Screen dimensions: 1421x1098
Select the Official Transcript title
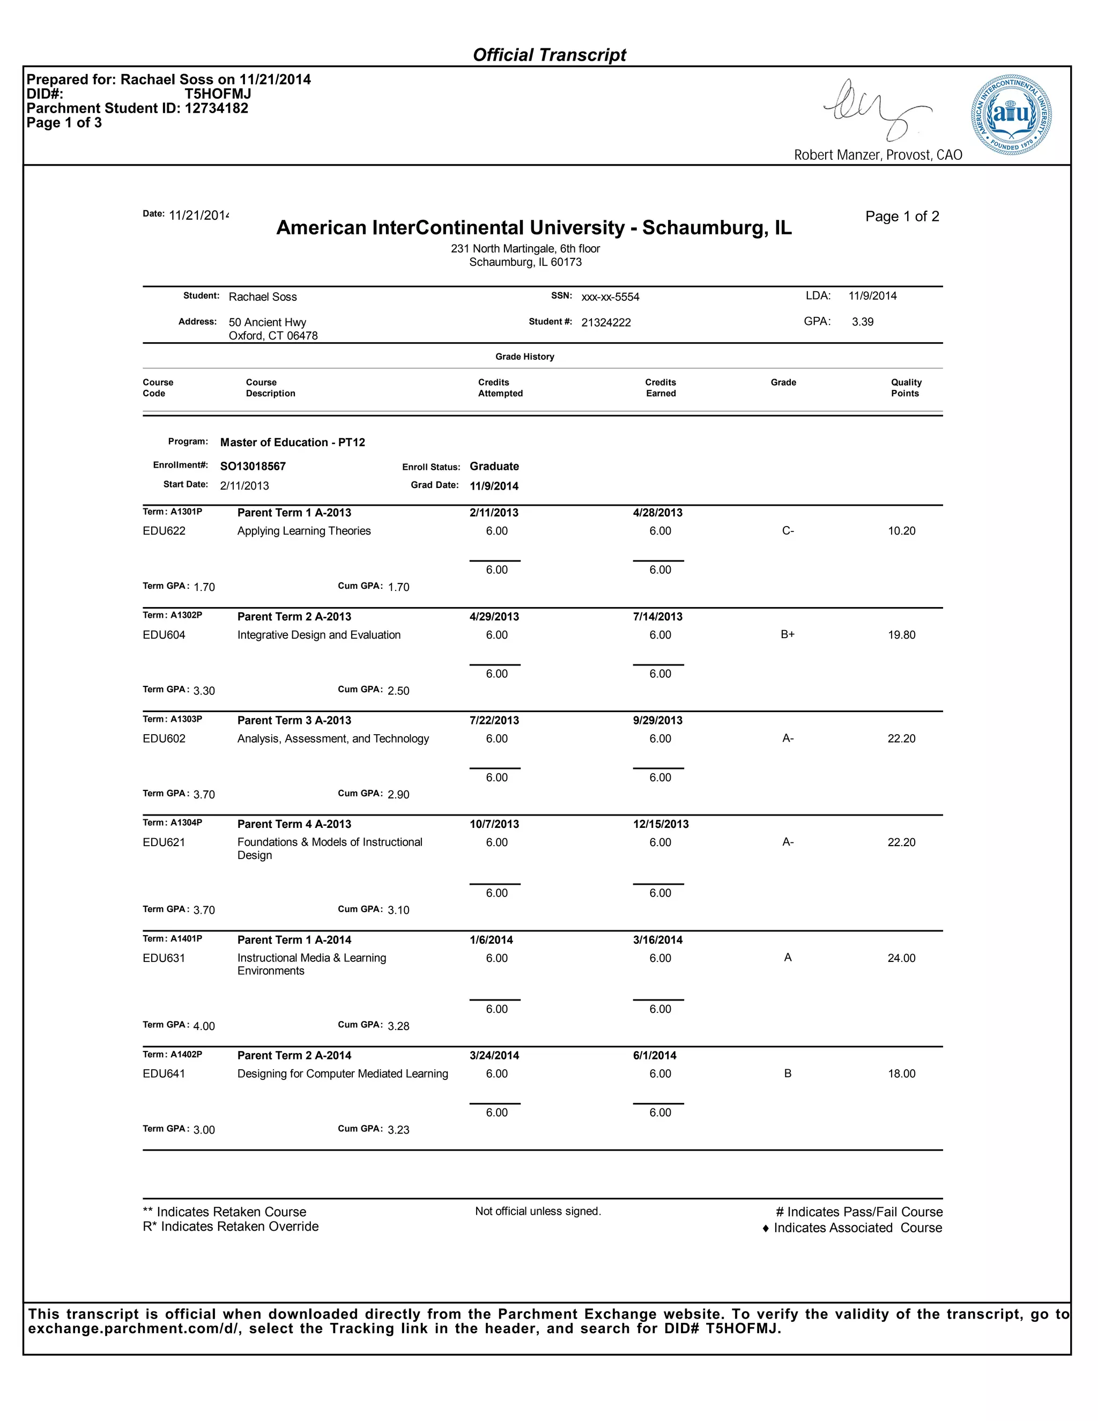click(x=549, y=55)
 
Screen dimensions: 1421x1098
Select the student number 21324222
click(x=606, y=323)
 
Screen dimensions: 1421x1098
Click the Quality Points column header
click(x=906, y=388)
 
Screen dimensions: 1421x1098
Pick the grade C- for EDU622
click(x=787, y=531)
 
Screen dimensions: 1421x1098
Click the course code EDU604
click(x=164, y=635)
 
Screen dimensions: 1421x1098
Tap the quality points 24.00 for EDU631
click(x=901, y=958)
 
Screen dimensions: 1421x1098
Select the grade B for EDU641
click(x=787, y=1074)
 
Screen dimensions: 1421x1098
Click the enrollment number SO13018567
click(x=253, y=467)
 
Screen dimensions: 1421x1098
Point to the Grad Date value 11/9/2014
click(x=494, y=486)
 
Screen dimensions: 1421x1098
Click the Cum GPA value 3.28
click(x=398, y=1026)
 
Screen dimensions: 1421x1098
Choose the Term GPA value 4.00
click(x=204, y=1026)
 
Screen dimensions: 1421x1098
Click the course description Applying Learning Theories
click(x=304, y=531)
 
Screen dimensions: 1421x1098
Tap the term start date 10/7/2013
click(x=494, y=824)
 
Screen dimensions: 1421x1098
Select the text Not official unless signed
click(x=537, y=1211)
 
